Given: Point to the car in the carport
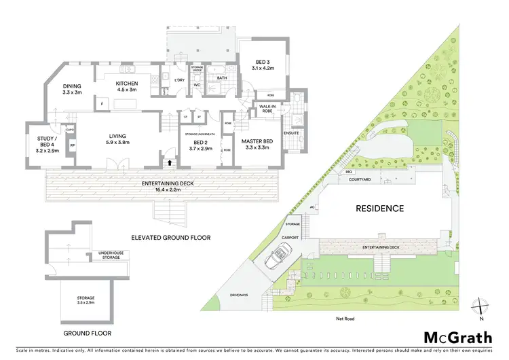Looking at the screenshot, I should [278, 259].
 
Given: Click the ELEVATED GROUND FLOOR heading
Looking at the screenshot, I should [171, 238].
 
